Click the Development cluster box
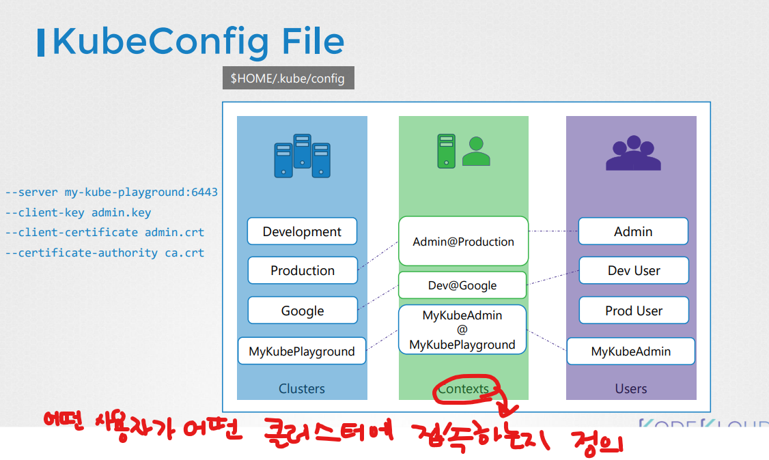click(x=302, y=231)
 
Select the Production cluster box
click(x=303, y=270)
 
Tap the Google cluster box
click(x=303, y=311)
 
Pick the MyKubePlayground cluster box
click(x=302, y=351)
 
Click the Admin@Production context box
click(x=463, y=241)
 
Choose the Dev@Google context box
click(x=462, y=285)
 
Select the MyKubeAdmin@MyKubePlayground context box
click(x=462, y=330)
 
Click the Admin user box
click(x=633, y=231)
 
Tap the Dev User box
click(x=634, y=270)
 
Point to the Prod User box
click(x=634, y=311)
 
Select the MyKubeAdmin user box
click(x=631, y=351)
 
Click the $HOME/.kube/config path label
click(x=288, y=78)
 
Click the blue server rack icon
click(x=302, y=156)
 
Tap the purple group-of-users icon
click(x=633, y=154)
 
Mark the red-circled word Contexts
click(x=464, y=389)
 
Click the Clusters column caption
click(x=302, y=389)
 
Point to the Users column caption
click(x=631, y=389)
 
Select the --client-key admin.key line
click(x=78, y=212)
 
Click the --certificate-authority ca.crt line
click(x=104, y=253)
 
